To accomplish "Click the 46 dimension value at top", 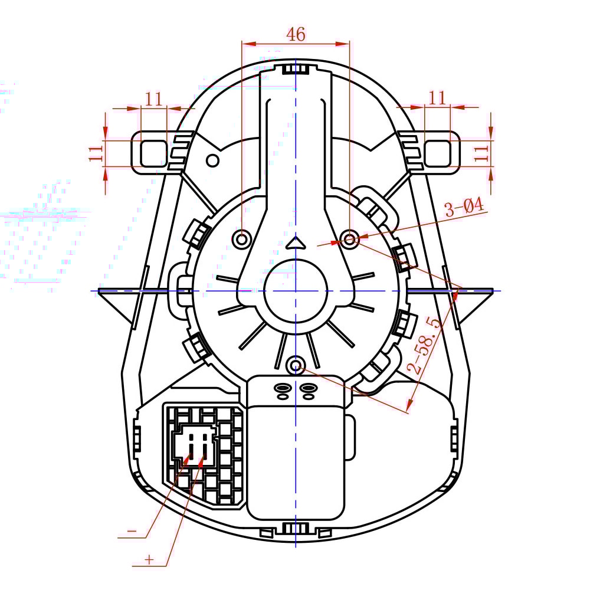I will pyautogui.click(x=296, y=34).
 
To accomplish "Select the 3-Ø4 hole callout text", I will pyautogui.click(x=464, y=208).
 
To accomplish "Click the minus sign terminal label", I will pyautogui.click(x=132, y=532).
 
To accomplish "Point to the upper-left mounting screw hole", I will pyautogui.click(x=242, y=240).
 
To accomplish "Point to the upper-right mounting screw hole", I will pyautogui.click(x=350, y=240).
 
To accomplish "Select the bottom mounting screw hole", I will pyautogui.click(x=295, y=366).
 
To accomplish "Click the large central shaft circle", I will pyautogui.click(x=295, y=291).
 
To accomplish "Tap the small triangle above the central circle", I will pyautogui.click(x=295, y=242).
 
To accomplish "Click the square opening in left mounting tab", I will pyautogui.click(x=153, y=153).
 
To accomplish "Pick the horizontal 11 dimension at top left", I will pyautogui.click(x=153, y=99).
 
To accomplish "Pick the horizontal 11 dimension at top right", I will pyautogui.click(x=437, y=99).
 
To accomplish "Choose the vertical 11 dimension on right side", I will pyautogui.click(x=482, y=153).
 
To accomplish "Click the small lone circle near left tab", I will pyautogui.click(x=212, y=160).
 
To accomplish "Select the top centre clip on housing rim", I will pyautogui.click(x=295, y=69).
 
